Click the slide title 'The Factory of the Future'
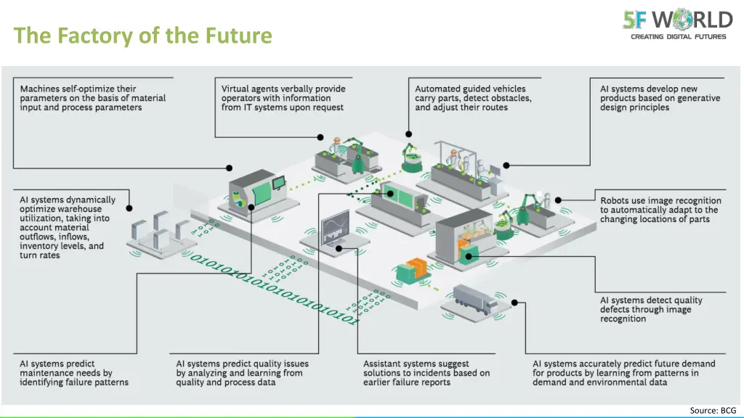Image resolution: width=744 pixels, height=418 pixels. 142,35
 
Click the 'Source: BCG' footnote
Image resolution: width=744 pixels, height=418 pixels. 713,410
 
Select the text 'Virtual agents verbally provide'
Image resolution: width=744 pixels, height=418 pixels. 283,89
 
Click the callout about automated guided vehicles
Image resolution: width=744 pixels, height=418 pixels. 473,98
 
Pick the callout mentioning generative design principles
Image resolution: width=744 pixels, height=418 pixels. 660,98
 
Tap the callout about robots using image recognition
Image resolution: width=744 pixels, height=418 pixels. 660,210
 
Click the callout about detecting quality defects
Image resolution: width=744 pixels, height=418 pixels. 651,309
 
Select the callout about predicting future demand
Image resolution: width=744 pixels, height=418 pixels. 623,373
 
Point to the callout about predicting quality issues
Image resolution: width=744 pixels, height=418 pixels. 242,373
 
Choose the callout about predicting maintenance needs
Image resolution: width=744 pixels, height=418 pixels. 74,373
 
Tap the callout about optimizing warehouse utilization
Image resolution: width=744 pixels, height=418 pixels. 67,227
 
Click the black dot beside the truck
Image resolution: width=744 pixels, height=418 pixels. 515,303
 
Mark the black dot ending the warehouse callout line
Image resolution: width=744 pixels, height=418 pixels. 129,208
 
